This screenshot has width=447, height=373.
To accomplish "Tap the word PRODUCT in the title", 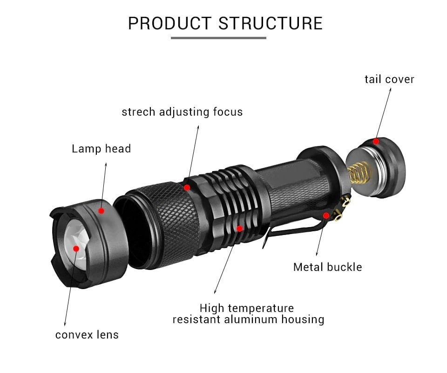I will pos(170,23).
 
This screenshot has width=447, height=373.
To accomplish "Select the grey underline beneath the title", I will pos(218,38).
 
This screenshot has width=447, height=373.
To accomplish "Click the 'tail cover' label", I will pos(389,79).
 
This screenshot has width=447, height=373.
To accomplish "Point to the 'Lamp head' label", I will pos(101,149).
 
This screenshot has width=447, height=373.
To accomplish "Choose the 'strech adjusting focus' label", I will pos(182,112).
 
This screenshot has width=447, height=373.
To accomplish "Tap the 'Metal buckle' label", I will pos(327,267).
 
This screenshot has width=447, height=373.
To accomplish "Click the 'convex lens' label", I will pos(87,335).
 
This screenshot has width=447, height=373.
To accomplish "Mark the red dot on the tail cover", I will pos(376,141).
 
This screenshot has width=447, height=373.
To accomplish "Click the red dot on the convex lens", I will pos(76,249).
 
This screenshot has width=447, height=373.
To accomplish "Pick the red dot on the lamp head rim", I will pos(101,211).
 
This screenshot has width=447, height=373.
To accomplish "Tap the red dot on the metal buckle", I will pos(326,215).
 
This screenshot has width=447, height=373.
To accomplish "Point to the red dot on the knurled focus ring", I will pos(187,187).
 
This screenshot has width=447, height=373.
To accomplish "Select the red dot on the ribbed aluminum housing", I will pos(240,228).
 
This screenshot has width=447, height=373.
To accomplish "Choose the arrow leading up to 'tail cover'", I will pos(383,112).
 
